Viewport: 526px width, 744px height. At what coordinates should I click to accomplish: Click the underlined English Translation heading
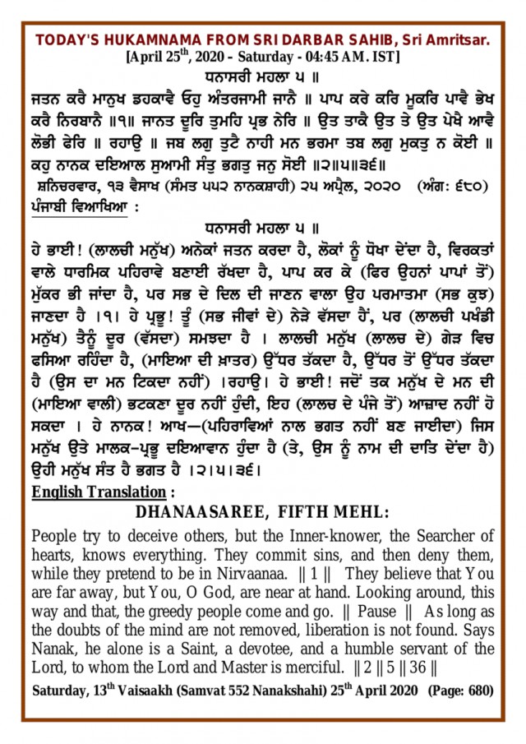[98, 492]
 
